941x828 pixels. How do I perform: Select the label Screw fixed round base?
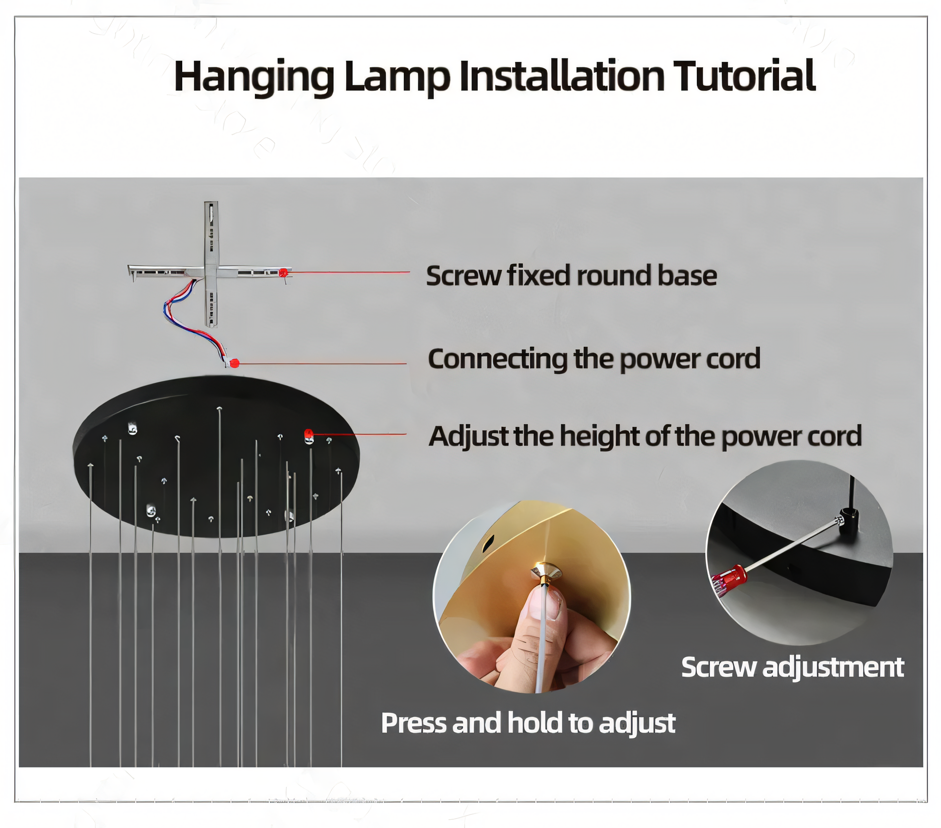tap(571, 276)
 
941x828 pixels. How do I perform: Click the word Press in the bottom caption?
tap(413, 724)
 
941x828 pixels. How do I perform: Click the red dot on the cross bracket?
tap(283, 272)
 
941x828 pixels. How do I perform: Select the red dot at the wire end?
tap(235, 363)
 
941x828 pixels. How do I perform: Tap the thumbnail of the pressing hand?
tap(532, 596)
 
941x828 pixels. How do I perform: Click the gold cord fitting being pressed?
tap(546, 573)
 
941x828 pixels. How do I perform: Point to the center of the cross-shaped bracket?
tap(211, 271)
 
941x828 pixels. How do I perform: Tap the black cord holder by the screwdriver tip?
tap(849, 521)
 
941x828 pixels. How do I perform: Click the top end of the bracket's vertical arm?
tap(211, 203)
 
